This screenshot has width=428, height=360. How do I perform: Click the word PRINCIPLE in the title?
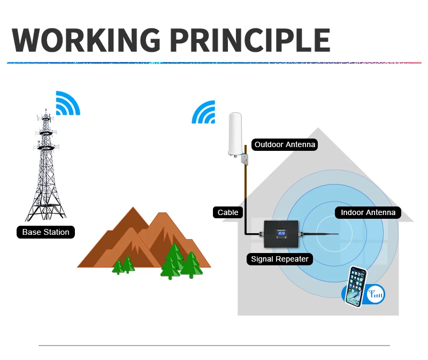(x=250, y=39)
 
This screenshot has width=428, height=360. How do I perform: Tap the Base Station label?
(x=45, y=232)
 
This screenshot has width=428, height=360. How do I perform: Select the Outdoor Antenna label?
(x=285, y=144)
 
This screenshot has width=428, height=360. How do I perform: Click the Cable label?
(x=228, y=212)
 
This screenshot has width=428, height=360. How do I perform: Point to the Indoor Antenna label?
(x=368, y=212)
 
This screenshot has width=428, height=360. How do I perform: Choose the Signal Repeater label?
(x=280, y=259)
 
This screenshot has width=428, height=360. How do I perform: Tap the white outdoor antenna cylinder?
(x=235, y=134)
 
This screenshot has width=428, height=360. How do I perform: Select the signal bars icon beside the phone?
(x=375, y=293)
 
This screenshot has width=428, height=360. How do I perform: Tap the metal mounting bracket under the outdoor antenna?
(x=246, y=159)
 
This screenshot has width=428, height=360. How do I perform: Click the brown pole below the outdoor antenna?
(x=246, y=187)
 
